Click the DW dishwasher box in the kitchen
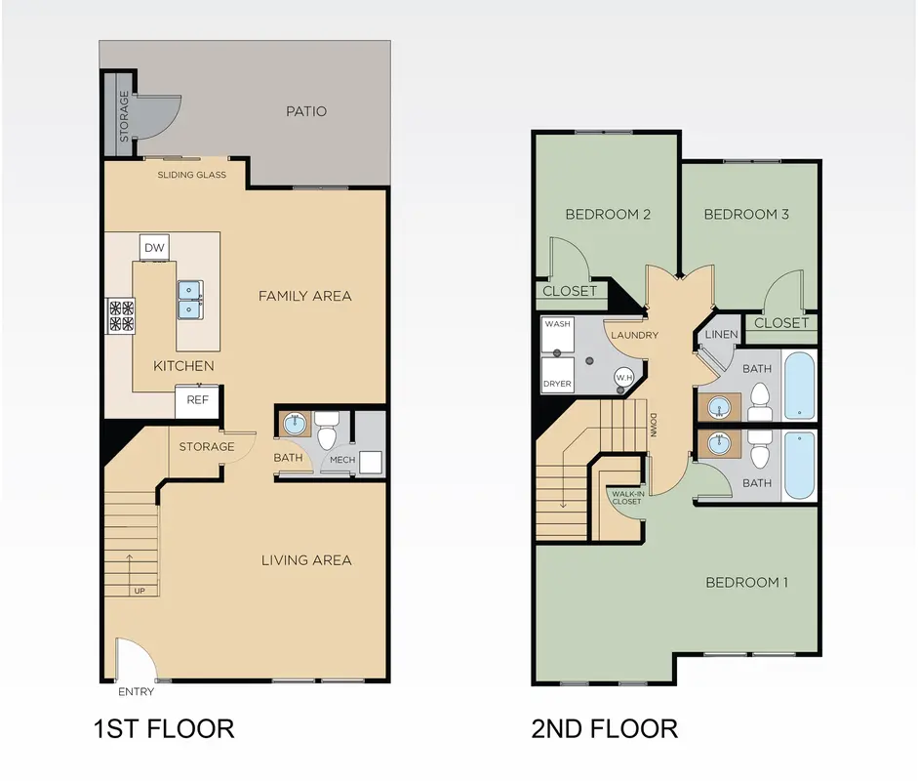click(x=154, y=247)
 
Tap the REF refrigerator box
click(x=197, y=401)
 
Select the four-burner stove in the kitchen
click(x=121, y=315)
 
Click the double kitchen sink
click(x=190, y=299)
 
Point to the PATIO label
click(x=306, y=111)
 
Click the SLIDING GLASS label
click(x=191, y=175)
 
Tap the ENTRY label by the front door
click(x=136, y=692)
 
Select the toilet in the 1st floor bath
click(x=327, y=430)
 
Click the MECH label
click(x=342, y=460)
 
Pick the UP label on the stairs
click(x=140, y=591)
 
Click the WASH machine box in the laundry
click(x=557, y=334)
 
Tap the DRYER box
click(x=557, y=375)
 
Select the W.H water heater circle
click(x=624, y=377)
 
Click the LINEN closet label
click(x=721, y=335)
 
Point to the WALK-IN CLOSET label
click(x=627, y=498)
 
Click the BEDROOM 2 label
click(x=608, y=215)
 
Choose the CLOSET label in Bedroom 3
click(x=781, y=323)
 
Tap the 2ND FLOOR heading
click(x=604, y=729)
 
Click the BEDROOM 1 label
click(x=746, y=583)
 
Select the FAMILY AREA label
click(x=305, y=296)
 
